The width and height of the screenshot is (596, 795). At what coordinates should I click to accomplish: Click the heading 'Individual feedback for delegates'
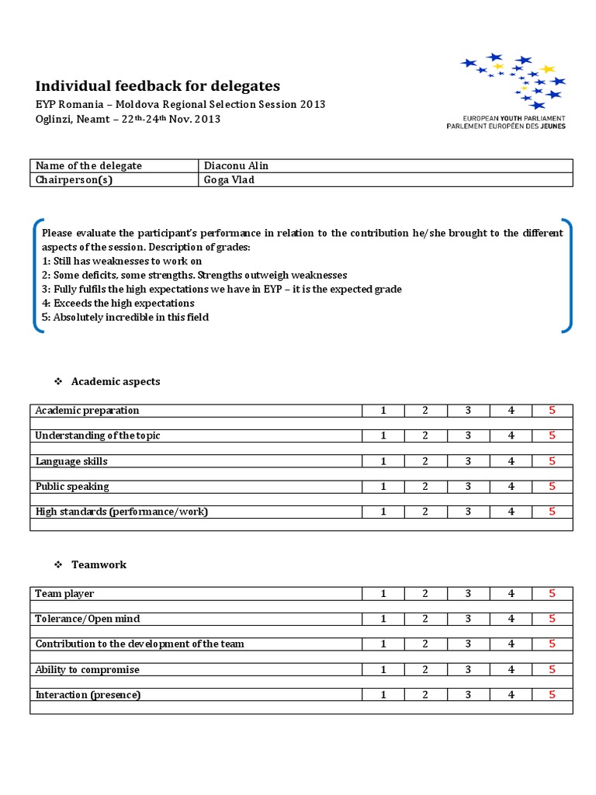[158, 86]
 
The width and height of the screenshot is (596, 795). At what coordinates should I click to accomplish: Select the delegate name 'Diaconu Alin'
[236, 166]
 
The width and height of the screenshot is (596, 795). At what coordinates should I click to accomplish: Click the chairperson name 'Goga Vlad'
[229, 180]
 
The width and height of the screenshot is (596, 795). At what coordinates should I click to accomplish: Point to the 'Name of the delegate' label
[88, 166]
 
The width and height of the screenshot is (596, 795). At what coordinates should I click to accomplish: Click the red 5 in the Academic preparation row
[552, 411]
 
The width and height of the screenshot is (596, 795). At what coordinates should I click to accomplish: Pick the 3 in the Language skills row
[468, 461]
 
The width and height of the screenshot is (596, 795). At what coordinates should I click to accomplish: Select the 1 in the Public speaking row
[383, 487]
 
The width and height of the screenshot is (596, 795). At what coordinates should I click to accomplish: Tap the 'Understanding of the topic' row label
[98, 436]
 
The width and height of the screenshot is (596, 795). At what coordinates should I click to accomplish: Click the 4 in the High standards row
[511, 512]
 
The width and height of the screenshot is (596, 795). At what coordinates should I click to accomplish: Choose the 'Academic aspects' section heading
[116, 382]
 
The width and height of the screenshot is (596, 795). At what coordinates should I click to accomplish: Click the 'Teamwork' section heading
[99, 565]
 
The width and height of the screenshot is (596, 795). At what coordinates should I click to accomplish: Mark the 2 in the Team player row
[425, 594]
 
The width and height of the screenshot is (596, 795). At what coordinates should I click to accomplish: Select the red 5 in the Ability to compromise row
[552, 669]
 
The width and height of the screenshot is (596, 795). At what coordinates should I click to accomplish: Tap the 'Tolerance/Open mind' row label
[88, 619]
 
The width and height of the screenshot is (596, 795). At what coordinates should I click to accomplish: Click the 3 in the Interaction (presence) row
[468, 695]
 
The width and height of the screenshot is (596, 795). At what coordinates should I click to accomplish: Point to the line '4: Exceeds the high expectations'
[118, 304]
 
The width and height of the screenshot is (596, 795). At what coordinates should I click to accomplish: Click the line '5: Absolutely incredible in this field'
[125, 318]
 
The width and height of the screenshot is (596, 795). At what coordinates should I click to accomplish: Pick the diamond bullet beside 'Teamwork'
[57, 565]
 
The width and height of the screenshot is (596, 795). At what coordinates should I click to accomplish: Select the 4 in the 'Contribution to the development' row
[511, 644]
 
